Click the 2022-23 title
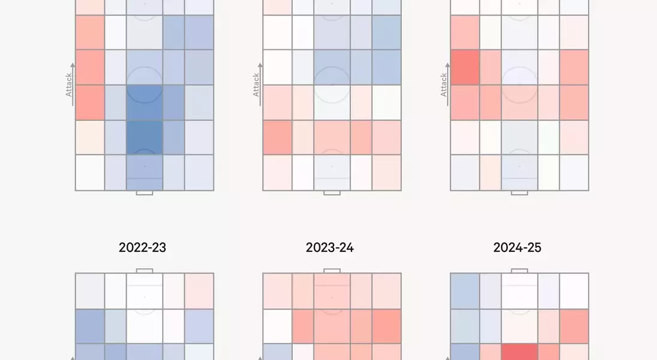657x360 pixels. click(142, 247)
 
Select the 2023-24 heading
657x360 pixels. click(329, 247)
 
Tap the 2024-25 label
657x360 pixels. click(517, 247)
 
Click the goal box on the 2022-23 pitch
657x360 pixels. click(145, 271)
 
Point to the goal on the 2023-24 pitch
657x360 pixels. click(332, 271)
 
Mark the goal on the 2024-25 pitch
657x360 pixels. click(519, 271)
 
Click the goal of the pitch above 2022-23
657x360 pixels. click(145, 193)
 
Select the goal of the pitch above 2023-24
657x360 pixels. click(332, 193)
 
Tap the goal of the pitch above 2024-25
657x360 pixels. click(519, 193)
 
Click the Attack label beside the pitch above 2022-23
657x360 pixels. click(68, 85)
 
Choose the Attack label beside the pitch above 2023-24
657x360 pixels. click(256, 85)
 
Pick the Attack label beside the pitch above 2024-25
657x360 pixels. click(443, 85)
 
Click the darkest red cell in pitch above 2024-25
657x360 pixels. click(464, 67)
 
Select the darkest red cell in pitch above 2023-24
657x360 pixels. click(277, 137)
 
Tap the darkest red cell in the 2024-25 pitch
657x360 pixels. click(519, 352)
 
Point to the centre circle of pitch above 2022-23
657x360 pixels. click(145, 85)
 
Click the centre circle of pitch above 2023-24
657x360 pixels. click(332, 85)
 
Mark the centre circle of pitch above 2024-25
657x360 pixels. click(519, 85)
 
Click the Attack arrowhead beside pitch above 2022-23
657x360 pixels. click(73, 65)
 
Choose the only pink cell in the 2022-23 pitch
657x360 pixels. click(199, 291)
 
